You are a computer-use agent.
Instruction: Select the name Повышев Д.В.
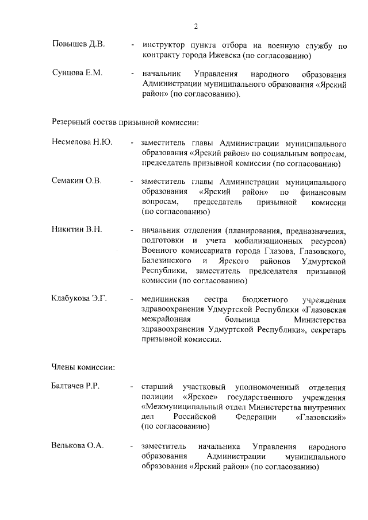click(78, 45)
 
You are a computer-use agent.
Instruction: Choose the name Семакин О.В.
click(77, 181)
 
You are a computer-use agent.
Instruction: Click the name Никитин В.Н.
click(77, 229)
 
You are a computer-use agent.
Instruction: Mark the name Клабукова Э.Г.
click(80, 298)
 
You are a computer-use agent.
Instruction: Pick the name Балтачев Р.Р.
click(76, 386)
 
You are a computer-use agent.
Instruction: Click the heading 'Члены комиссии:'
click(84, 366)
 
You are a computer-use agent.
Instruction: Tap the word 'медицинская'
click(165, 299)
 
